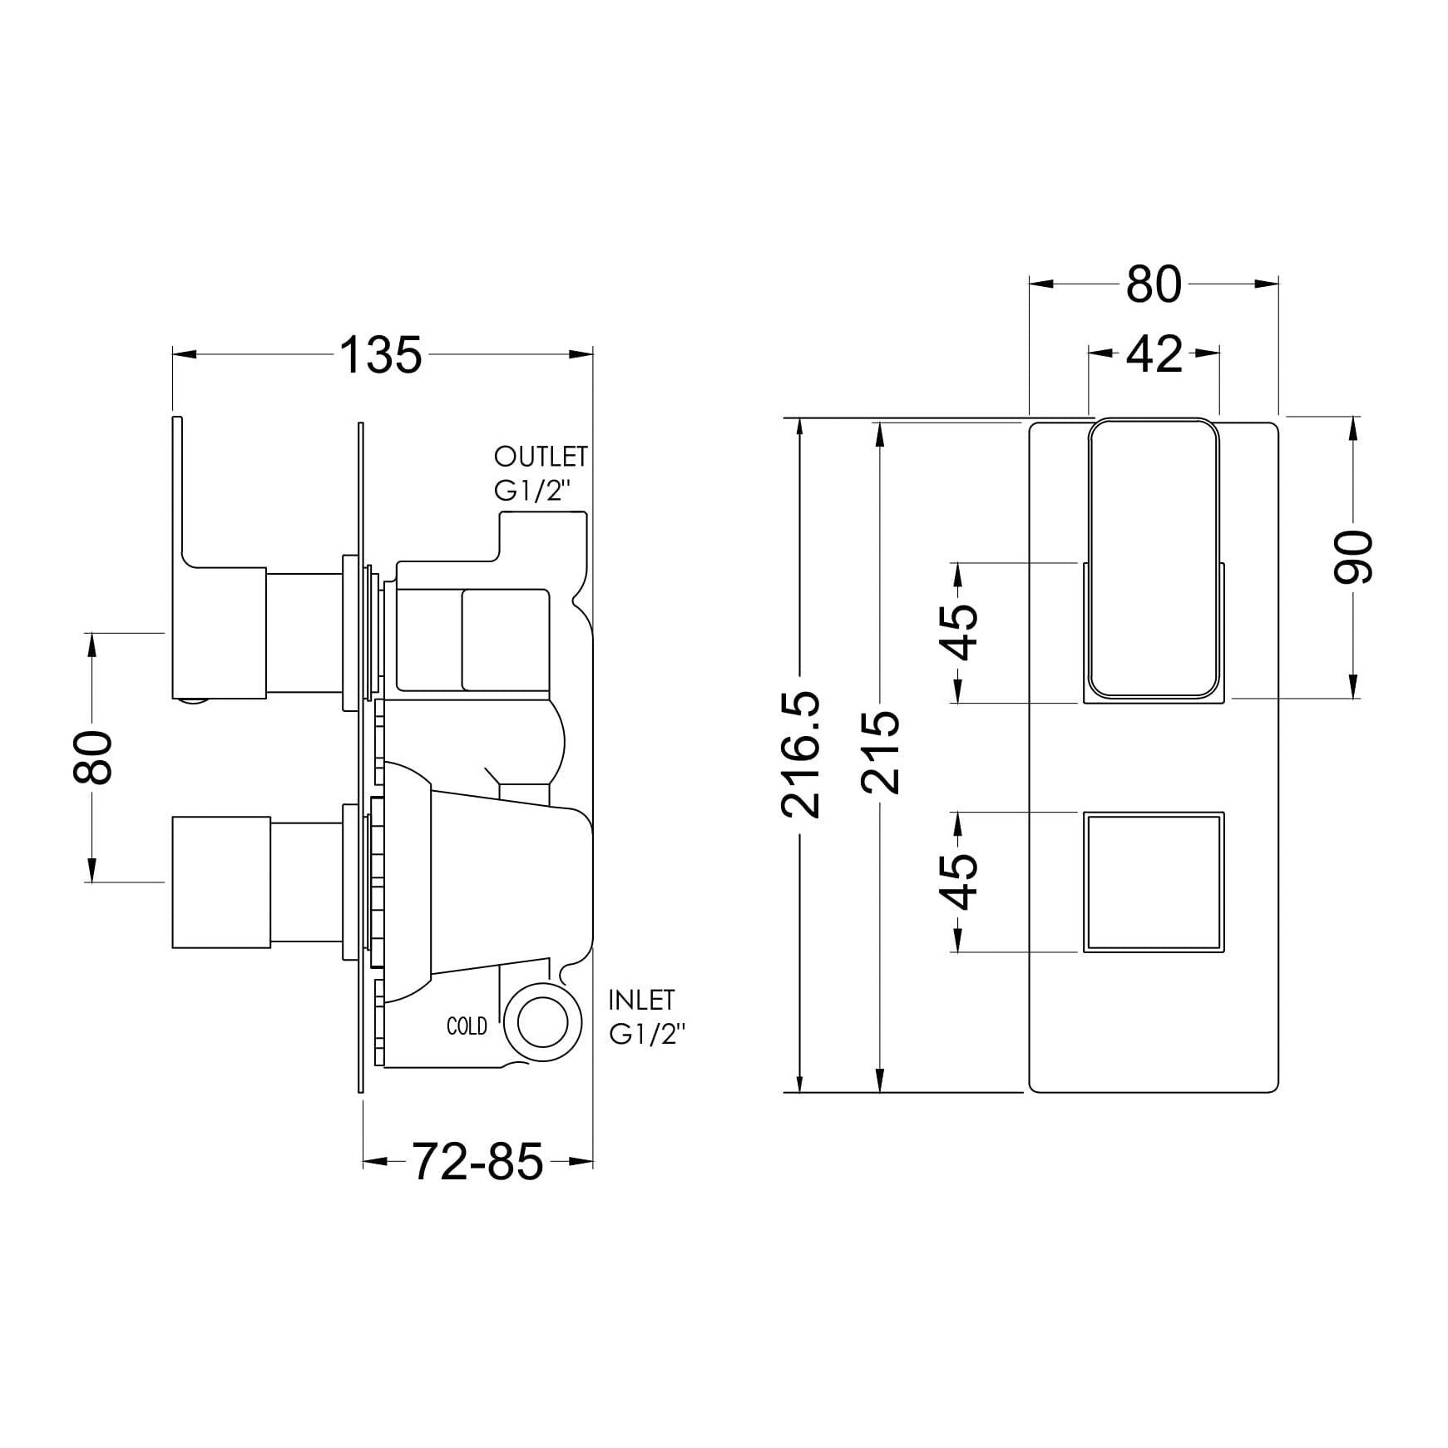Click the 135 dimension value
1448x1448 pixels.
382,355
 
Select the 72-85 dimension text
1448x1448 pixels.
477,1162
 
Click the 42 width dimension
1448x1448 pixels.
1154,353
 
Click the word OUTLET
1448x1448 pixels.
541,457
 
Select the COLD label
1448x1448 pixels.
467,1027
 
